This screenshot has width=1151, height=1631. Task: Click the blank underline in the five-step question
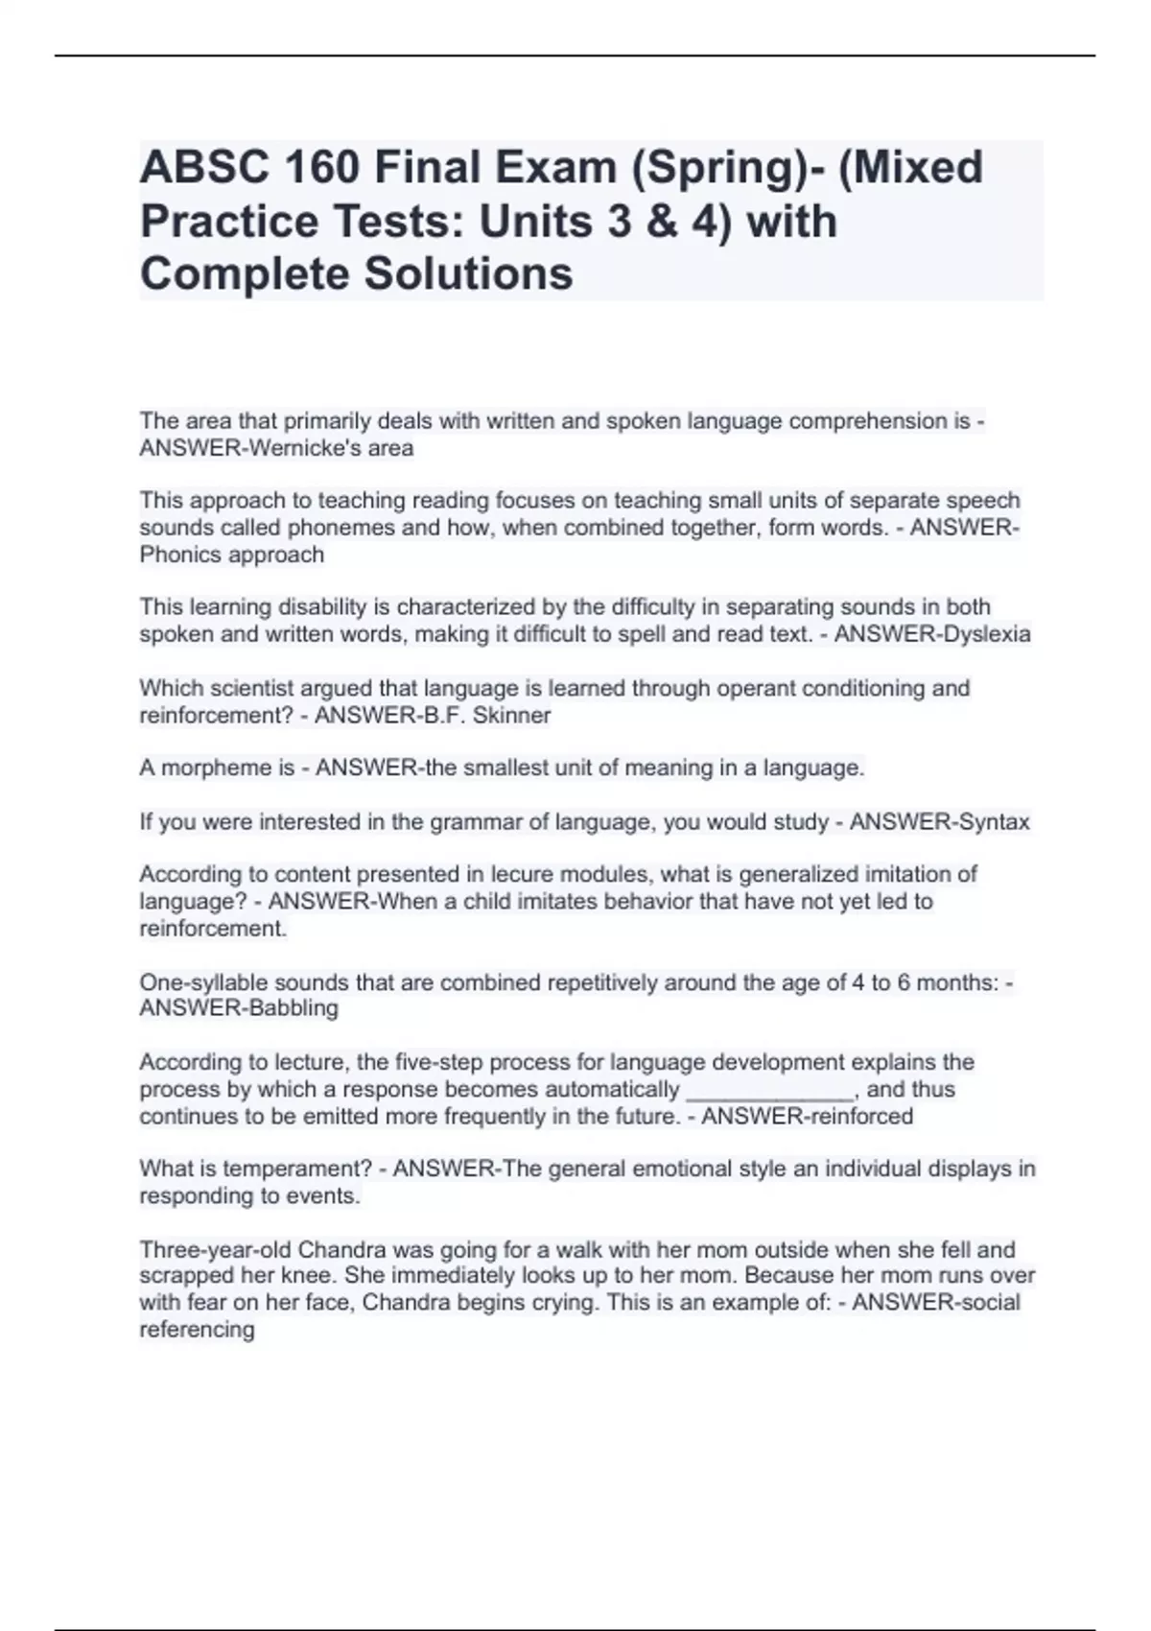[x=770, y=1090]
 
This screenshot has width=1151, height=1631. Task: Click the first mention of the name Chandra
[x=342, y=1249]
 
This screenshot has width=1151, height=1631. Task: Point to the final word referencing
[x=197, y=1330]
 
